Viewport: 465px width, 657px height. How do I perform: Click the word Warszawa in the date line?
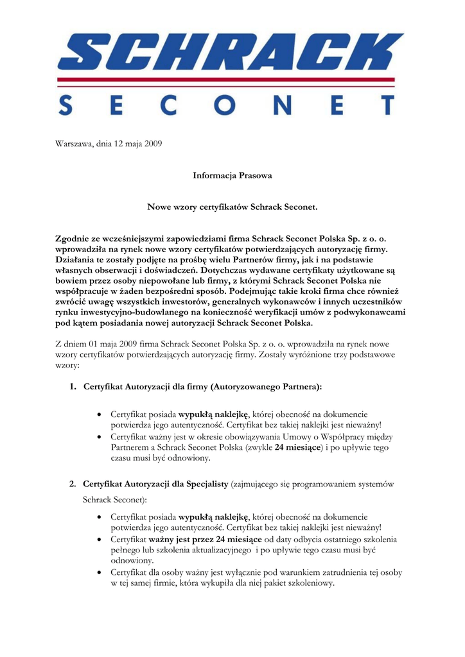[x=74, y=144]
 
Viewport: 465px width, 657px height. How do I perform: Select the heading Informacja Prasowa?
[x=232, y=175]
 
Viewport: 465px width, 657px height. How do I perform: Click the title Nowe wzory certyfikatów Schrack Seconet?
[x=232, y=207]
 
